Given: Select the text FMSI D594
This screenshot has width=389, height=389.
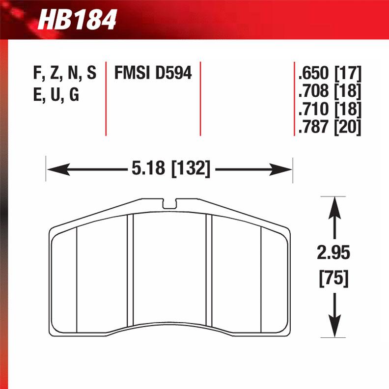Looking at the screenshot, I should pos(153,73).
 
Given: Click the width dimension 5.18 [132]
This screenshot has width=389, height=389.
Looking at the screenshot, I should pos(170,170).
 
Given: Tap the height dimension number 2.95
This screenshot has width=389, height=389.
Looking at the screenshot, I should pos(334,253).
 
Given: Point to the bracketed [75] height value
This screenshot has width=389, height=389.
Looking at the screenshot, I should pos(334,278).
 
